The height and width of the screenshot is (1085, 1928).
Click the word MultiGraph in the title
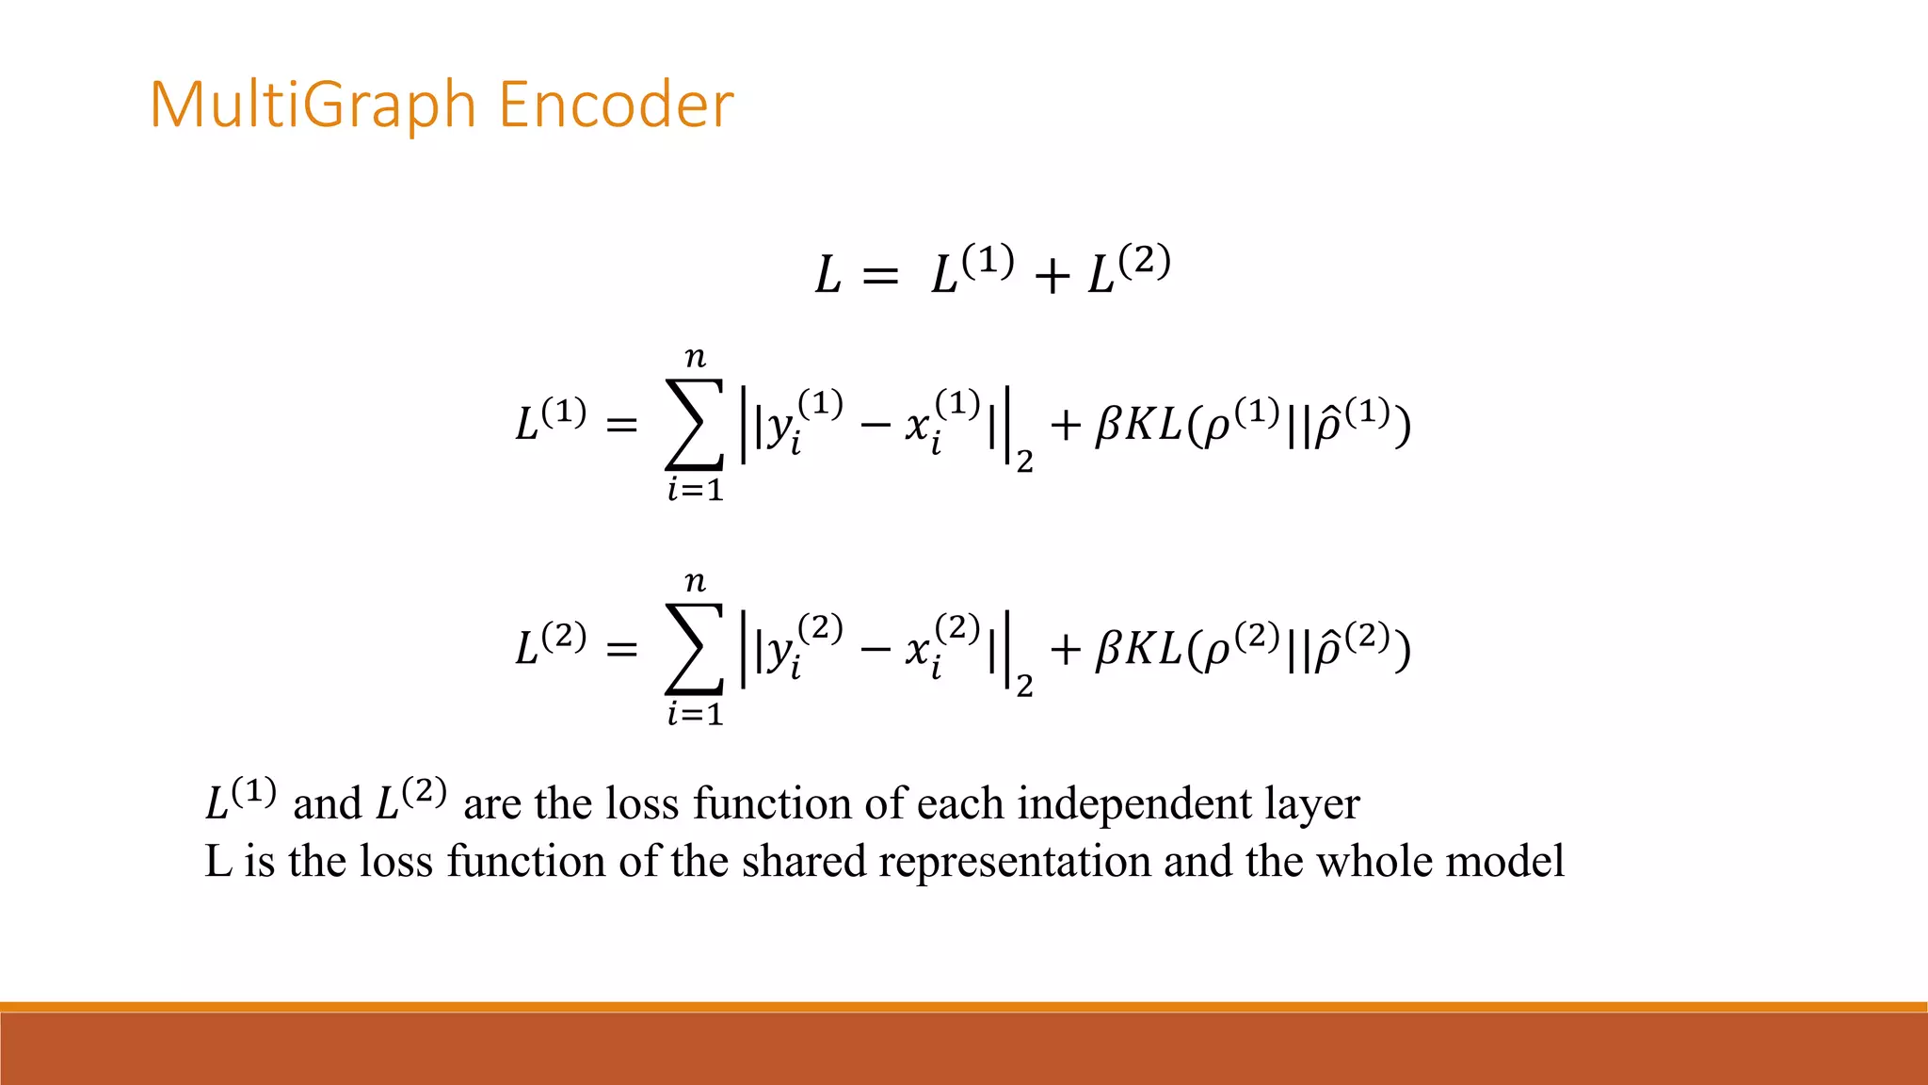point(313,105)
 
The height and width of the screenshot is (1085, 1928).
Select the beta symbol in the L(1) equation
point(1108,426)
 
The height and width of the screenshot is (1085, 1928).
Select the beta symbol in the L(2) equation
point(1108,650)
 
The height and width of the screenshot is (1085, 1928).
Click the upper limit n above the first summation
point(695,358)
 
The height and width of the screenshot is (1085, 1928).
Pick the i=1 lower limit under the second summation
point(695,715)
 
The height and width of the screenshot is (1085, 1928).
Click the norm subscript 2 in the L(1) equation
point(1024,462)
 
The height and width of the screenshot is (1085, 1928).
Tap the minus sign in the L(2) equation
point(875,649)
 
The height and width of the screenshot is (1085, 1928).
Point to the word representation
point(1014,861)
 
